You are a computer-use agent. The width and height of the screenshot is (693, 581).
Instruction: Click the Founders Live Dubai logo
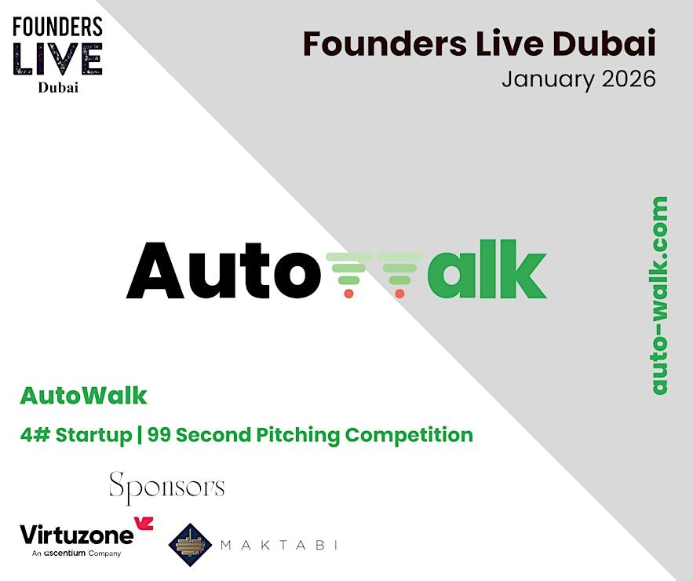click(x=57, y=55)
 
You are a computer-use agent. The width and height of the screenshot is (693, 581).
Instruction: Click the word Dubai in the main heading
click(x=604, y=44)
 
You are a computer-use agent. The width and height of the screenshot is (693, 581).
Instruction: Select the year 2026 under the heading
click(x=629, y=79)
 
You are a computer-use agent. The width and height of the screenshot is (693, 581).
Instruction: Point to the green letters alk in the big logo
click(x=487, y=269)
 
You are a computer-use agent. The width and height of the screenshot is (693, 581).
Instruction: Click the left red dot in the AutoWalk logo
click(x=348, y=293)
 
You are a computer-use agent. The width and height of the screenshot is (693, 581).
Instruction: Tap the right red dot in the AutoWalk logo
click(x=399, y=293)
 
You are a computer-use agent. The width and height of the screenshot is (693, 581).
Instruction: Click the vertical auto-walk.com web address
click(x=659, y=295)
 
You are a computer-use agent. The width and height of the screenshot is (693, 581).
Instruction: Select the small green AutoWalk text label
click(x=83, y=396)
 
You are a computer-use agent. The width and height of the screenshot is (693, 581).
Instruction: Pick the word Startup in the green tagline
click(x=93, y=436)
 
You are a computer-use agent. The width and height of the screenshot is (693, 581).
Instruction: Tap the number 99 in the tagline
click(x=159, y=435)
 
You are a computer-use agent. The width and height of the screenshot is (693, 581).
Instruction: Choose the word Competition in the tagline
click(x=409, y=436)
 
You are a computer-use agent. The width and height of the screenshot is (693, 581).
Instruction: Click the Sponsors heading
click(x=167, y=488)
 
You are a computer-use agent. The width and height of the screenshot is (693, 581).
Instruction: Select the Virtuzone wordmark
click(x=76, y=535)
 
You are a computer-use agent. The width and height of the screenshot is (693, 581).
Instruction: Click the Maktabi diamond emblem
click(x=190, y=545)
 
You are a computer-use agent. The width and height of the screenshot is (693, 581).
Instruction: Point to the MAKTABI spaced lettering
click(x=279, y=545)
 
